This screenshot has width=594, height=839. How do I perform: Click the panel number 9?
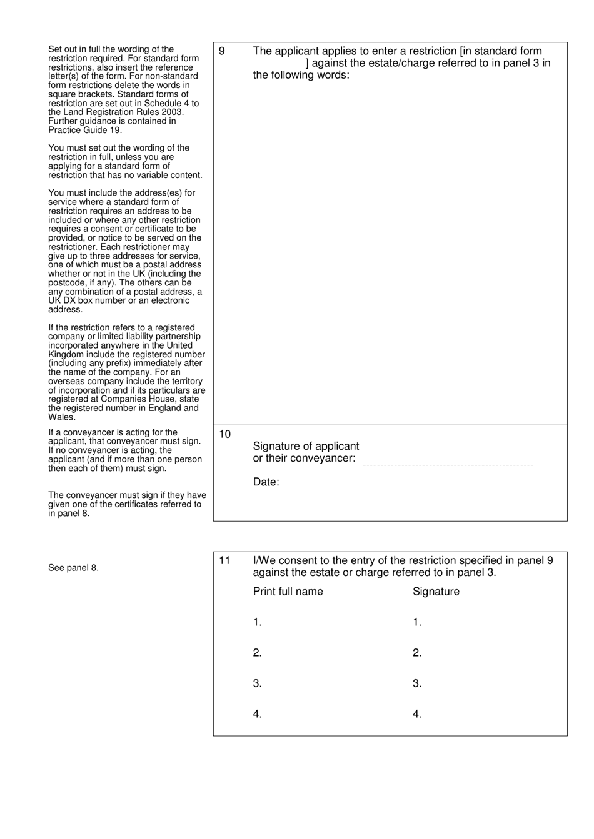click(222, 51)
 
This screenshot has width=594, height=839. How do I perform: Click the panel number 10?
click(224, 434)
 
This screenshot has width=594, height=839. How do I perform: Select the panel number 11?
click(224, 560)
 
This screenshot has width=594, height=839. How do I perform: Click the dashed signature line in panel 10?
click(448, 465)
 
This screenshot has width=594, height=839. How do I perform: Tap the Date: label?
click(266, 482)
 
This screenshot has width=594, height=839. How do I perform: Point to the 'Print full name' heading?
click(288, 592)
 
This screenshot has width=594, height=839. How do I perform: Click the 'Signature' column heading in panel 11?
click(436, 592)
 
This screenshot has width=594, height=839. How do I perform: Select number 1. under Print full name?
click(257, 622)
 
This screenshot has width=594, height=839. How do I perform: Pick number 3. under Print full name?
click(257, 683)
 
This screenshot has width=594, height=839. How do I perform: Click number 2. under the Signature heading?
click(417, 653)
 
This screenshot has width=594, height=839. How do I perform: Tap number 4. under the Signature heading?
click(417, 714)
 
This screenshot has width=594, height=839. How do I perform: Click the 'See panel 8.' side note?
click(73, 568)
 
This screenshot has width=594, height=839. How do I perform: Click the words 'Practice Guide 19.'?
click(85, 130)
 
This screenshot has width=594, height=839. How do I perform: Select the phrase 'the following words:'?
click(301, 75)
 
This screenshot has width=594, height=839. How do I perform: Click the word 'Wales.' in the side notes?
click(61, 417)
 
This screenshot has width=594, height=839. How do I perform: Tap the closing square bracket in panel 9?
click(307, 63)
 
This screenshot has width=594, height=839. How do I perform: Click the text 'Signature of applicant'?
click(306, 446)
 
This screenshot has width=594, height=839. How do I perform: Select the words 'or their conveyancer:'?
click(304, 458)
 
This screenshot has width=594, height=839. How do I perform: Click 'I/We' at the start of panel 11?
click(262, 560)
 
